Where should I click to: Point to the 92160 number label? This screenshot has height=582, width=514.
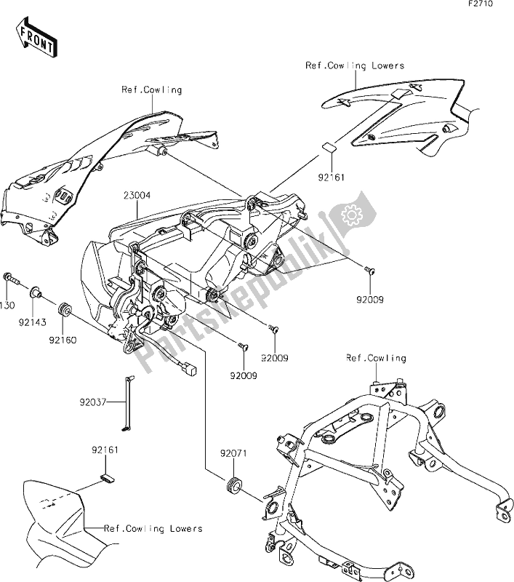64,338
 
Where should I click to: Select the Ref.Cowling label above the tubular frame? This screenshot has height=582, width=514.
375,359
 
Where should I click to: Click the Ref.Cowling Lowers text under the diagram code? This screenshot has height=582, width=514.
354,65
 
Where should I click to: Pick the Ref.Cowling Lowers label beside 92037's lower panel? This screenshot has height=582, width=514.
153,528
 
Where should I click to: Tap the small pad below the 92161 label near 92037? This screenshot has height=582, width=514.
106,477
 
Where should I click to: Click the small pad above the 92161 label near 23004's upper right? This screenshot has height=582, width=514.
329,147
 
